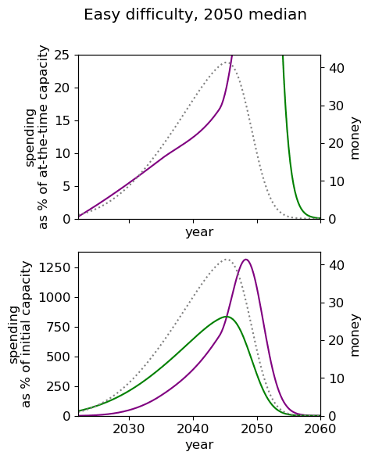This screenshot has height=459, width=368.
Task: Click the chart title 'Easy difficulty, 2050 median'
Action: point(195,15)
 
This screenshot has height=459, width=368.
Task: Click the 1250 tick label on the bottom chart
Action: point(55,267)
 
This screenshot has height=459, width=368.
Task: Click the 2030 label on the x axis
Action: point(129,429)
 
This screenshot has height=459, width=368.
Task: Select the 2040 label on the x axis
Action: point(193,429)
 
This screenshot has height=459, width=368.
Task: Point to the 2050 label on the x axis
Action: point(257,429)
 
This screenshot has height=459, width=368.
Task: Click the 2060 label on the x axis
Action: point(320,429)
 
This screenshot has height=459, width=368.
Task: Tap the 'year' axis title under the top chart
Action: point(199,232)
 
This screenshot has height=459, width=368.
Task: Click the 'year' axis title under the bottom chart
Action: point(199,445)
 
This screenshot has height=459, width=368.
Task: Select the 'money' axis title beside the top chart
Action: point(354,138)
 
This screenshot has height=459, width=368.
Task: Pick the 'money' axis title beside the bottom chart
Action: point(354,335)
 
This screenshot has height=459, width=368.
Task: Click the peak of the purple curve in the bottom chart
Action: point(245,260)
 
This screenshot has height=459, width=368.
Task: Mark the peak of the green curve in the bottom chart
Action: point(227,317)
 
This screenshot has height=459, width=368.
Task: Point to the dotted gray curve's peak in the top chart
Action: point(227,62)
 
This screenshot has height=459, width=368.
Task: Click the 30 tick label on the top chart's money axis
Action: point(335,106)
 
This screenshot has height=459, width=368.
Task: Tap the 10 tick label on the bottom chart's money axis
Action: point(335,378)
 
